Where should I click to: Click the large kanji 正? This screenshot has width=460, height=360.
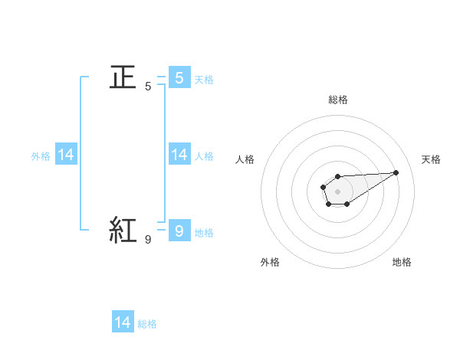(123, 78)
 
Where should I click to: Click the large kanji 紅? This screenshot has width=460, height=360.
(123, 229)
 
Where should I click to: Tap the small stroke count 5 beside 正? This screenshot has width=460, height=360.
(148, 87)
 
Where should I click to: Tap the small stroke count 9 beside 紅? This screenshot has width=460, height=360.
(148, 240)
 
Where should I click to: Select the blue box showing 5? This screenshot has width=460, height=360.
(179, 78)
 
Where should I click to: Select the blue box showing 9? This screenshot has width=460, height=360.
(179, 229)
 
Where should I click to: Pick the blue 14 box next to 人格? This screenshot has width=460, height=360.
(179, 155)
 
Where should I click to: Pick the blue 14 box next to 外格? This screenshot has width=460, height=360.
(66, 155)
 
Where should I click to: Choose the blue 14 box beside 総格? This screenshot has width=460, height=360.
(123, 322)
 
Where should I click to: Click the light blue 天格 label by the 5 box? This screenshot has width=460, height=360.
(204, 79)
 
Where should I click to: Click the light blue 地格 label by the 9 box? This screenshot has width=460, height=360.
(204, 233)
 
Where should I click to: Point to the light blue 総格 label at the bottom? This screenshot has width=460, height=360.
(147, 324)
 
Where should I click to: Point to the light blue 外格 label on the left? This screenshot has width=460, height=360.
(41, 156)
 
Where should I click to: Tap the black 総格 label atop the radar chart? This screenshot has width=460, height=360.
(337, 100)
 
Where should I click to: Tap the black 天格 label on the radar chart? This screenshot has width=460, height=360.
(431, 159)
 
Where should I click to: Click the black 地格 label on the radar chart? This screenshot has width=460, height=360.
(402, 262)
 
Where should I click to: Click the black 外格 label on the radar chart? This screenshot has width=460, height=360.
(270, 262)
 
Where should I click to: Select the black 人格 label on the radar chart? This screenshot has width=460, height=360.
(245, 159)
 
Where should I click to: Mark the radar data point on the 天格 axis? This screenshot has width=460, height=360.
(396, 172)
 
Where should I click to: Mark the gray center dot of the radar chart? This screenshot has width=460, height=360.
(337, 191)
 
